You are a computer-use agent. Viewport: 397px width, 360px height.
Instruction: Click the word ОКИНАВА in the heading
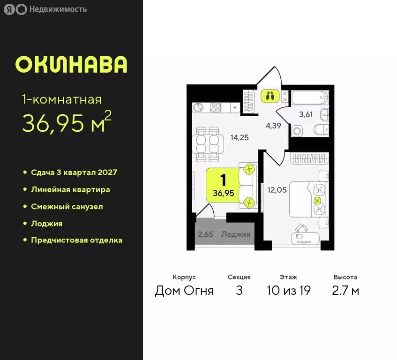coord(71,65)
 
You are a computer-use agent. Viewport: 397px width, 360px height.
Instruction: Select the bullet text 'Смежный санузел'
coord(67,206)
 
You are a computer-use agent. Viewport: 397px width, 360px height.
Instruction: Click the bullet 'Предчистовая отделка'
coord(76,240)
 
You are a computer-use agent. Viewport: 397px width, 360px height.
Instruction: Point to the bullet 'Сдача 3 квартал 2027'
coord(74,172)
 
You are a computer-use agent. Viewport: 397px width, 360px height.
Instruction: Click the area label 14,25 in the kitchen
coord(239,138)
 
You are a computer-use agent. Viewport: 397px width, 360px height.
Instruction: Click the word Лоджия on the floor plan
coord(236,234)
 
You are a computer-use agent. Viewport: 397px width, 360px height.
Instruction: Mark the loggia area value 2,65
coord(206,234)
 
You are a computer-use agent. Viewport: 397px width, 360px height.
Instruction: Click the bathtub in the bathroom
coord(309,98)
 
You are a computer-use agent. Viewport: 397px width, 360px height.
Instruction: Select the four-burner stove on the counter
coord(216,107)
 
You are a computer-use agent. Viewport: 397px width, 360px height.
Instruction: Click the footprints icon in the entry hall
coord(269,96)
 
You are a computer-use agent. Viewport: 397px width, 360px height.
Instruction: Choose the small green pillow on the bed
coord(318,201)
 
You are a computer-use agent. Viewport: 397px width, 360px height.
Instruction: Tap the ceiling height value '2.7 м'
coord(346,291)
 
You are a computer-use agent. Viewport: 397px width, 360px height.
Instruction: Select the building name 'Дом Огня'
coord(184,291)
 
